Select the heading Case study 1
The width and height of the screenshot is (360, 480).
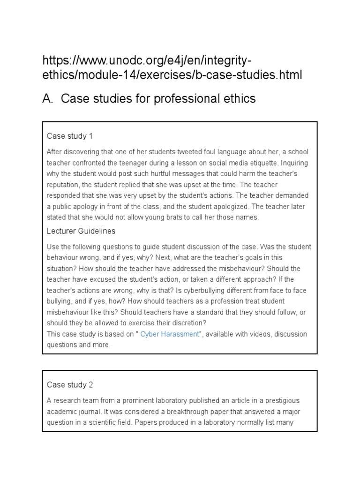point(70,136)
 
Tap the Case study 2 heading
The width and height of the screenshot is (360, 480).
point(70,384)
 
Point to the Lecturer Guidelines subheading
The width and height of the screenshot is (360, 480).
point(81,231)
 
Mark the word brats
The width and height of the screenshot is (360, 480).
point(191,217)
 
